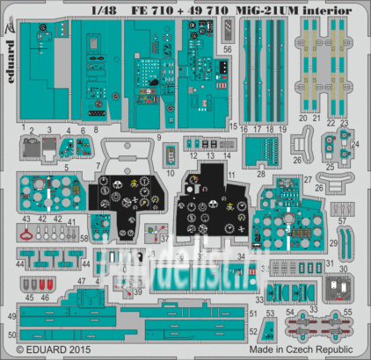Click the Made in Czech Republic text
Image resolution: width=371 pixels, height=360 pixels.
pos(304,351)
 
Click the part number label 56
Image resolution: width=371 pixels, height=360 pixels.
pos(228,50)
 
